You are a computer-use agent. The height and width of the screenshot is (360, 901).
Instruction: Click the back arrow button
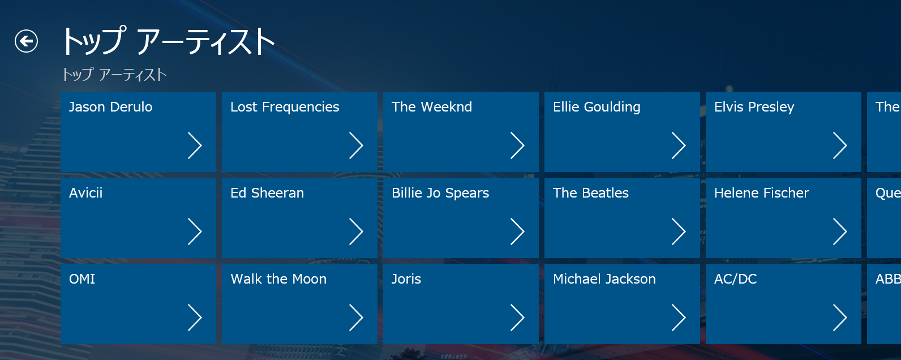pos(27,41)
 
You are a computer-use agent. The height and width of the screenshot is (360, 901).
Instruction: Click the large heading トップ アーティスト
pos(168,41)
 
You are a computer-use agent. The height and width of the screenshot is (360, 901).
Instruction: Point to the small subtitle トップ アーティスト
pos(114,75)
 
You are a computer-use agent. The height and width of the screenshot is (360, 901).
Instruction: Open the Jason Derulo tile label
pos(110,107)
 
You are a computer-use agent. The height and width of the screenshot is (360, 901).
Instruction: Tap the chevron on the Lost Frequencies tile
pos(356,145)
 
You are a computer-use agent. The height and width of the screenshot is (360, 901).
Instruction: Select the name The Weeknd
pos(432,107)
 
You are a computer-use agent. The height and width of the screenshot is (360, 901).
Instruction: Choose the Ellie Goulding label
pos(597,107)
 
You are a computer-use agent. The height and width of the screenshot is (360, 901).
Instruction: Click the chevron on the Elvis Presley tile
pos(840,145)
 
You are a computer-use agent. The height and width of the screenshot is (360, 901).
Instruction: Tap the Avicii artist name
pos(85,193)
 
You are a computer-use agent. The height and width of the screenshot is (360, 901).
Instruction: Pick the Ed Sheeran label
pos(267,193)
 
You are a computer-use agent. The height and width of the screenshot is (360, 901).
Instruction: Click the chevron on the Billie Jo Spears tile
pos(517,232)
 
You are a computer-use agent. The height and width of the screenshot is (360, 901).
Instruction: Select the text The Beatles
pos(590,193)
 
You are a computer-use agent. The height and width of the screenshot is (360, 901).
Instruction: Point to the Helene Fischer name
pos(761,193)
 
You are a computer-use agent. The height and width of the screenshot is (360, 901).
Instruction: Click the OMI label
pos(82,279)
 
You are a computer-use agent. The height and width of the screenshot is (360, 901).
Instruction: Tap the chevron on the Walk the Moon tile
pos(356,318)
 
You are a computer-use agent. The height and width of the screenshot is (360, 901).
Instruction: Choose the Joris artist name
pos(406,279)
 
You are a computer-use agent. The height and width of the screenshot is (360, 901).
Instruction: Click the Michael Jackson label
pos(604,279)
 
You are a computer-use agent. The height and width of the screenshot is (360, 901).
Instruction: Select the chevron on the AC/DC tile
pos(840,318)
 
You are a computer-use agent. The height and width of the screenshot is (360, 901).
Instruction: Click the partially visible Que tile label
pos(888,194)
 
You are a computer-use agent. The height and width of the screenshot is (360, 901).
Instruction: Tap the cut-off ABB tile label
pos(888,279)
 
